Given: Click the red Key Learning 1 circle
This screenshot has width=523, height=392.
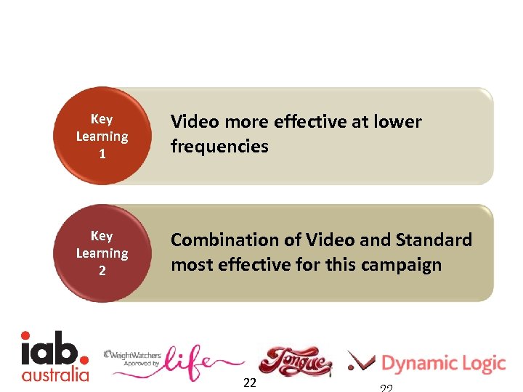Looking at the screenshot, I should (x=102, y=136).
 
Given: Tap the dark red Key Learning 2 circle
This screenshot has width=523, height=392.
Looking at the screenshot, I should (x=102, y=253).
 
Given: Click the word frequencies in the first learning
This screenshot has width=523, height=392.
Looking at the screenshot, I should (x=219, y=147).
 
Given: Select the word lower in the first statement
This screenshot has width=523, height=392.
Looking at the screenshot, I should (x=397, y=122).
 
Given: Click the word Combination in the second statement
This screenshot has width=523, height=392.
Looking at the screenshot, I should (x=224, y=240).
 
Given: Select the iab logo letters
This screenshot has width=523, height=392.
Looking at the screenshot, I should (x=52, y=348).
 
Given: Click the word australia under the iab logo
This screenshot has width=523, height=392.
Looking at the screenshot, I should (x=55, y=375).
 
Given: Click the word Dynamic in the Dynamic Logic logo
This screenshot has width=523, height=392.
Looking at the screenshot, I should (x=419, y=363).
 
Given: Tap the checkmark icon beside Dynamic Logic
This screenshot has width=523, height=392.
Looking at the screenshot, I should (x=361, y=361).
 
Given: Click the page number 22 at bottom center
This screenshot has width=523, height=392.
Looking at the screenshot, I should (x=249, y=383).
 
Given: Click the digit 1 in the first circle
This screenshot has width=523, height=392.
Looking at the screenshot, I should (x=102, y=154).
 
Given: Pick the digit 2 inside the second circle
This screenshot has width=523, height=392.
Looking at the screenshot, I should (x=102, y=271).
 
